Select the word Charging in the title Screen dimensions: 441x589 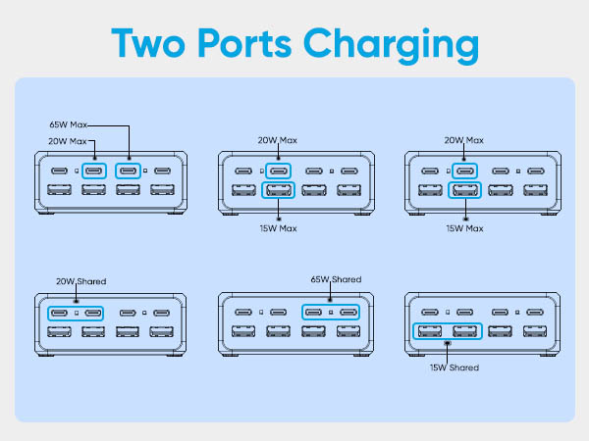coord(400,45)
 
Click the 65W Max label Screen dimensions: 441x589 coord(71,126)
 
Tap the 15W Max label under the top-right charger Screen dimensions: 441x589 coord(465,228)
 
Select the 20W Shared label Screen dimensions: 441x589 coord(80,281)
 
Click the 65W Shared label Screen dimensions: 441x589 coord(336,280)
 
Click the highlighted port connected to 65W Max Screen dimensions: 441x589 coord(128,171)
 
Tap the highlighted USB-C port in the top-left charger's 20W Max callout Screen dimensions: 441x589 coord(94,171)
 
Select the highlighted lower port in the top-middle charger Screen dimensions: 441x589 coord(279,192)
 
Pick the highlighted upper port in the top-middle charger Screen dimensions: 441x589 coord(279,171)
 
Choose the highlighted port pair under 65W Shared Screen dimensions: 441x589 coord(330,314)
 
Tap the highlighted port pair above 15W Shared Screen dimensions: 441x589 coord(449,331)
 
